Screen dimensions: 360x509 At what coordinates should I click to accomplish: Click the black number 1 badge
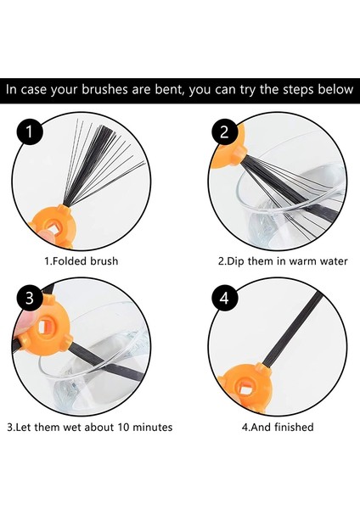30,132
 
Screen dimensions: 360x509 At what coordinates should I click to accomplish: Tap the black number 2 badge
224,132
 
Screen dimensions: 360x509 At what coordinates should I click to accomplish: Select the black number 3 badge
30,298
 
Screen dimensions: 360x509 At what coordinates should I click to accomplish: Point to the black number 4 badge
224,298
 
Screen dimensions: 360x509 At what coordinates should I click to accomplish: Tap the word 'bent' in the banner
169,89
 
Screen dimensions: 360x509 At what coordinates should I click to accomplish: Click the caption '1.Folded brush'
81,261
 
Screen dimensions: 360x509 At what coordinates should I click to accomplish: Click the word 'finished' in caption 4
294,427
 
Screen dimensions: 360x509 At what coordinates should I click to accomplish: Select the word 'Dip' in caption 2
235,261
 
